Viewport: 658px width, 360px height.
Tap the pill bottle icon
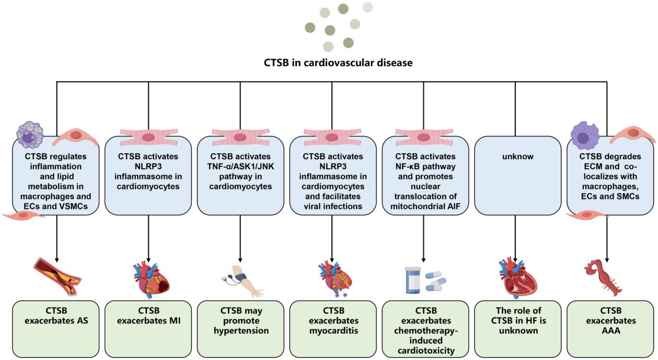pyautogui.click(x=413, y=281)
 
